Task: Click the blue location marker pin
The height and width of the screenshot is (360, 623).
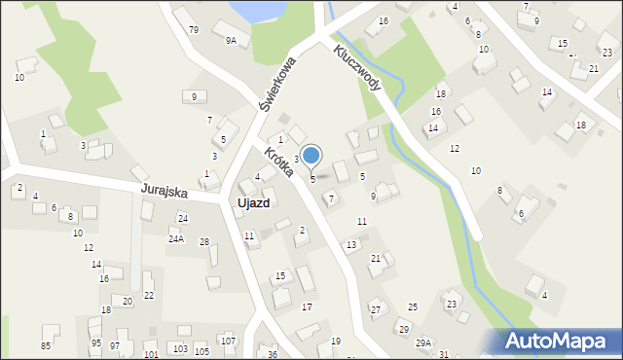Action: [x=311, y=156]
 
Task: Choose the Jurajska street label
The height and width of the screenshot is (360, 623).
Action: [x=163, y=190]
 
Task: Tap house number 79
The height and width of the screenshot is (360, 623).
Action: [x=194, y=30]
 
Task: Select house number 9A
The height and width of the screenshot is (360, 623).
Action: [x=231, y=41]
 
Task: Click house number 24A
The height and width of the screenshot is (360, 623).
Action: [x=176, y=238]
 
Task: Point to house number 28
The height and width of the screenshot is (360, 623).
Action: [x=204, y=241]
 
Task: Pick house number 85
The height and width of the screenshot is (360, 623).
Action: [x=46, y=345]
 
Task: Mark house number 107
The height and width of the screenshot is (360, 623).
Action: [x=227, y=341]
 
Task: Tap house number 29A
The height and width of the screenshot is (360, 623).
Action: [x=423, y=342]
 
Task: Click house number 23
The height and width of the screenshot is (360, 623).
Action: [x=452, y=305]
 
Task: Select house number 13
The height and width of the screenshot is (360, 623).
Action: [x=351, y=244]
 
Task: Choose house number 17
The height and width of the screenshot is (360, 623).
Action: [x=307, y=306]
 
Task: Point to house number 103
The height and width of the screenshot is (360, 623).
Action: [x=180, y=348]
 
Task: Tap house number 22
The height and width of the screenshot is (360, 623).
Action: [x=149, y=295]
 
